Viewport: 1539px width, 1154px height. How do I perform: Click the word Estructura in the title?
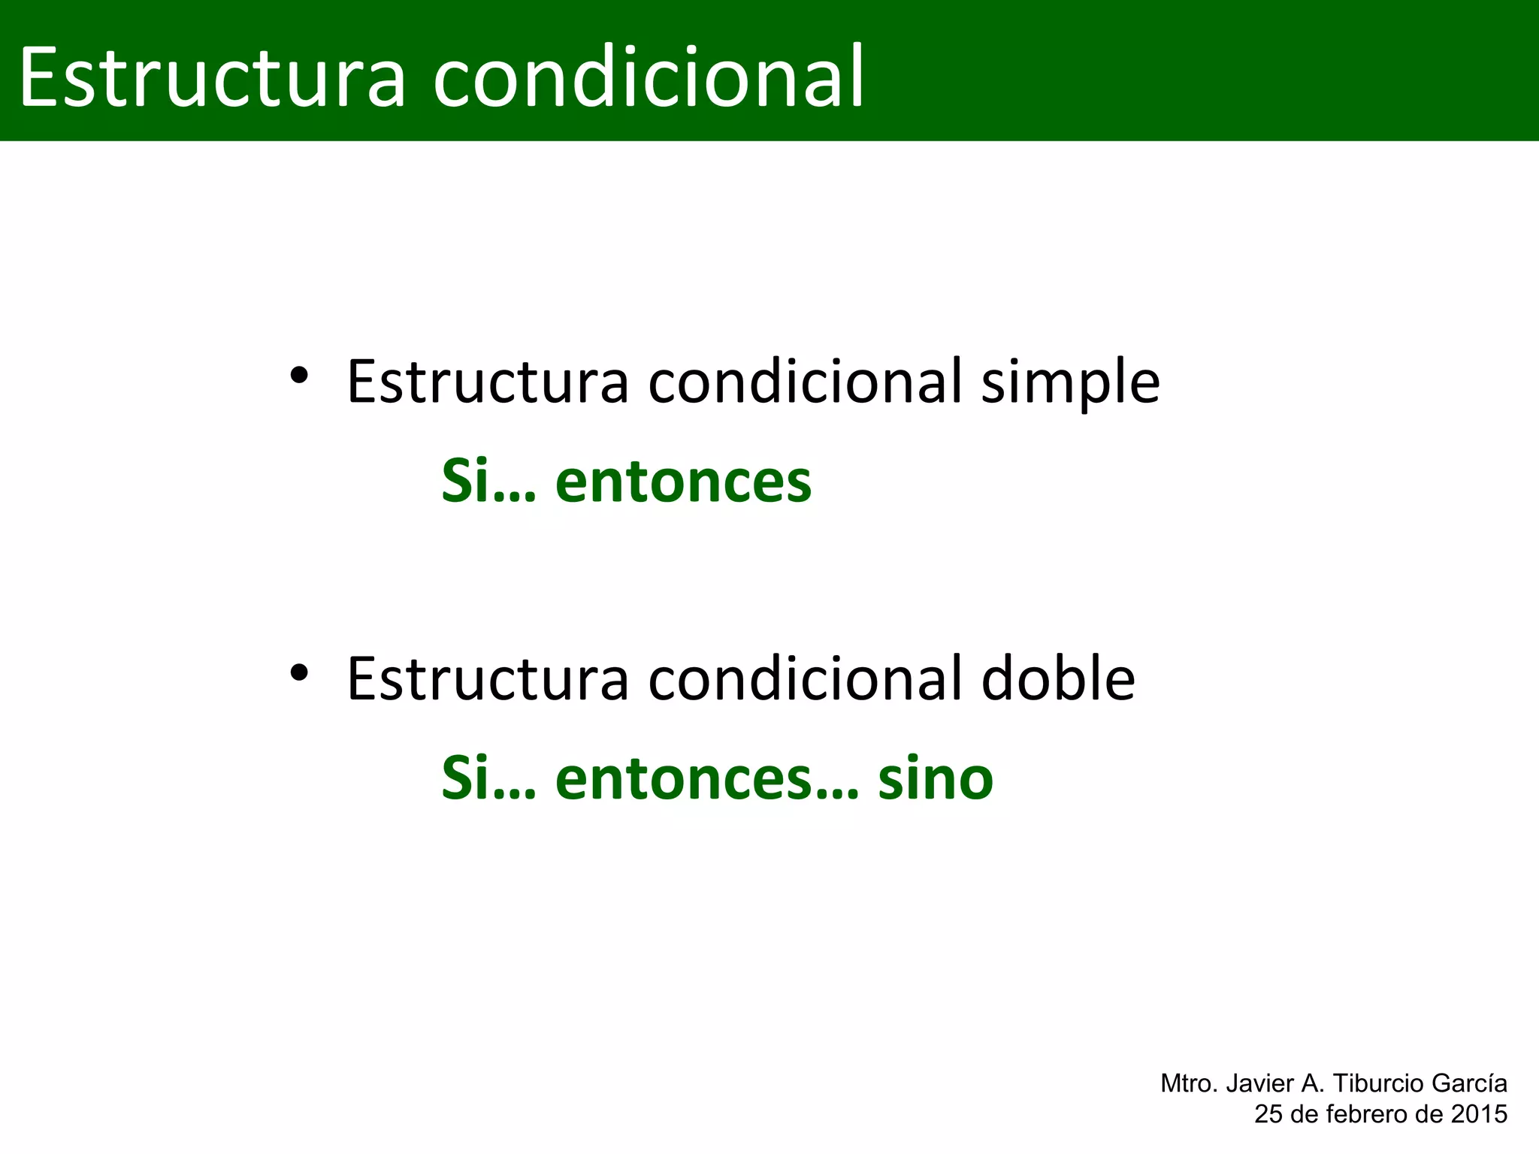coord(213,77)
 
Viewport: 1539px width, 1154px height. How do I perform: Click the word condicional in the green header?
coord(649,77)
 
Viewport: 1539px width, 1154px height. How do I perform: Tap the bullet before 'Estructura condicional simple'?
coord(299,375)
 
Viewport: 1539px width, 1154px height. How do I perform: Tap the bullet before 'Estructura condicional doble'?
coord(299,672)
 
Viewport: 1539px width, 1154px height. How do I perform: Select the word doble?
coord(1058,679)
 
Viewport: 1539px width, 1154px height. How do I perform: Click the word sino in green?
coord(936,778)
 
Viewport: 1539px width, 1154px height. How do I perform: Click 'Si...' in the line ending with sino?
coord(488,778)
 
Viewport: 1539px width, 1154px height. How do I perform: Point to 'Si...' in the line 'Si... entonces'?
coord(488,482)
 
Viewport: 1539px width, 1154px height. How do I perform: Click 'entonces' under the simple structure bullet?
coord(683,482)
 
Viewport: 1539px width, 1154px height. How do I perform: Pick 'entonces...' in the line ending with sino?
coord(706,778)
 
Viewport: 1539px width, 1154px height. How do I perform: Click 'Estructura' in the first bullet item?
coord(487,382)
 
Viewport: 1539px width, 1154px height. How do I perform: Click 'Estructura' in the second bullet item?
coord(487,679)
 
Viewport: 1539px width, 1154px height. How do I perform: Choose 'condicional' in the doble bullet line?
coord(805,679)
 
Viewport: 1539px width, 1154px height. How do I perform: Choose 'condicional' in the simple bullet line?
coord(805,382)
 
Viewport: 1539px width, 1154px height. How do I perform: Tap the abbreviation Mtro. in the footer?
coord(1190,1083)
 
